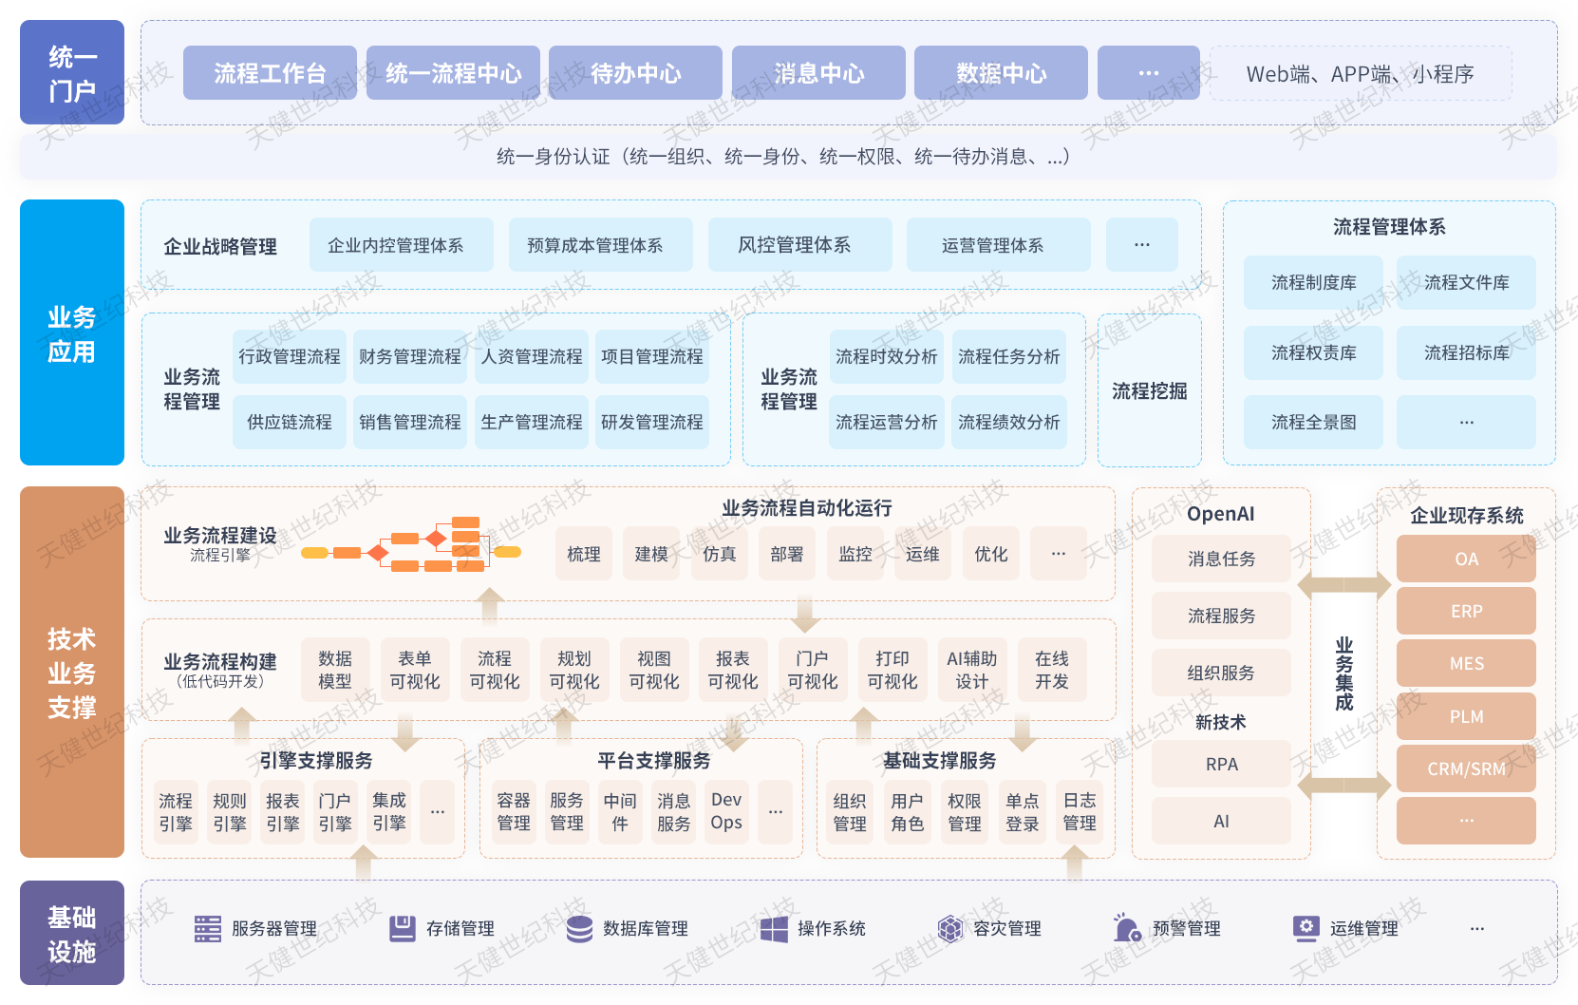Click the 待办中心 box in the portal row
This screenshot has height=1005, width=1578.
635,73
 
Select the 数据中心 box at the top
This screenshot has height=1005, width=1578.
1001,73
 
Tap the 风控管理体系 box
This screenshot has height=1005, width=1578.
795,245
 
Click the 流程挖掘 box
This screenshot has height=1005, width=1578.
1149,390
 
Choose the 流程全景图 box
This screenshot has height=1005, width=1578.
1313,422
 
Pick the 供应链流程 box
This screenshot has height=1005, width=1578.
290,422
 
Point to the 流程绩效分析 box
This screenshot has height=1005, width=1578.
1008,422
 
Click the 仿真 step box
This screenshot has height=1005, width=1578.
719,554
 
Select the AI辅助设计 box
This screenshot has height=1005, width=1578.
971,670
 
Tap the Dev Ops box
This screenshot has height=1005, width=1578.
726,811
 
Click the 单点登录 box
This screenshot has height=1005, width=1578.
1022,812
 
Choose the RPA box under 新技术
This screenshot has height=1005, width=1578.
1221,764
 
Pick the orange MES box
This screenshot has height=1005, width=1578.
1466,663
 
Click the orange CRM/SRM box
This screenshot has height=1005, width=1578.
1466,768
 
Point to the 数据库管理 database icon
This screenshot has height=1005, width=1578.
579,928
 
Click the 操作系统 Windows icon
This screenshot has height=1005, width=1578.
774,928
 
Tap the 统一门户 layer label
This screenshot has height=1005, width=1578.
71,73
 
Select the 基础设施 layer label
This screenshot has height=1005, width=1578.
71,934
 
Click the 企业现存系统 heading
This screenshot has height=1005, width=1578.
1466,515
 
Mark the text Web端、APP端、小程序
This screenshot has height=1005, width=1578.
1360,74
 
